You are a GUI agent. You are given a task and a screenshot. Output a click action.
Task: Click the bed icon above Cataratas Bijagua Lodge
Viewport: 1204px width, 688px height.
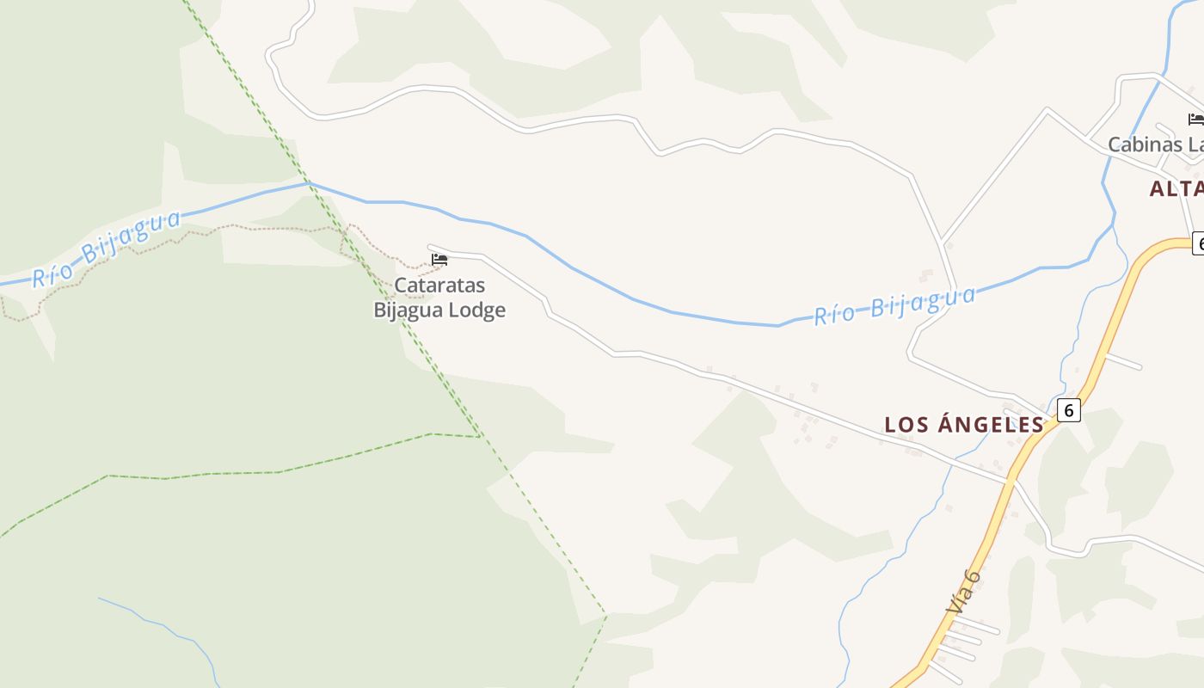pos(439,259)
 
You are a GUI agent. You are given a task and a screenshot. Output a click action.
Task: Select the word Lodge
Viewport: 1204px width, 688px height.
pos(476,310)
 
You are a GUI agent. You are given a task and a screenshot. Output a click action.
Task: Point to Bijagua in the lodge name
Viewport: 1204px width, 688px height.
pos(408,310)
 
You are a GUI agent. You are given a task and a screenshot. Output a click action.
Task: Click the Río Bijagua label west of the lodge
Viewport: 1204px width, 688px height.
pos(107,249)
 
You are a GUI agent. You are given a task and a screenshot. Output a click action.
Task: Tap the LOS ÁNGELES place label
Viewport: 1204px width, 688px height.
pos(964,424)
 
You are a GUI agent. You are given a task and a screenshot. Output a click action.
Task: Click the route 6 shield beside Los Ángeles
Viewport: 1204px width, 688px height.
pos(1068,410)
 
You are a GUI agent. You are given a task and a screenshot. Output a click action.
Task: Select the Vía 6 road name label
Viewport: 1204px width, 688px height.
pos(963,592)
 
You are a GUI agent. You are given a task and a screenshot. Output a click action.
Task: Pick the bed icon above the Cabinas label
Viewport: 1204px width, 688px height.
pos(1195,120)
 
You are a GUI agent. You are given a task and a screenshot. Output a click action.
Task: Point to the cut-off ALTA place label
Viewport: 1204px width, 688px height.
pos(1176,189)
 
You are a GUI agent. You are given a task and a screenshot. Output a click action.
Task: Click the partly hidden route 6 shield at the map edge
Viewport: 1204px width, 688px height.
pos(1198,243)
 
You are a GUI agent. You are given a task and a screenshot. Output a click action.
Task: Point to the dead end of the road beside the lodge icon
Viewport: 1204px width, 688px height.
pos(429,247)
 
